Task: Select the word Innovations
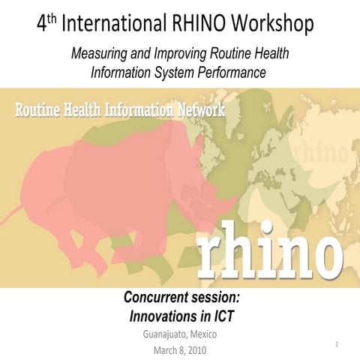click(163, 316)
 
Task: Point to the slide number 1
click(338, 344)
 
